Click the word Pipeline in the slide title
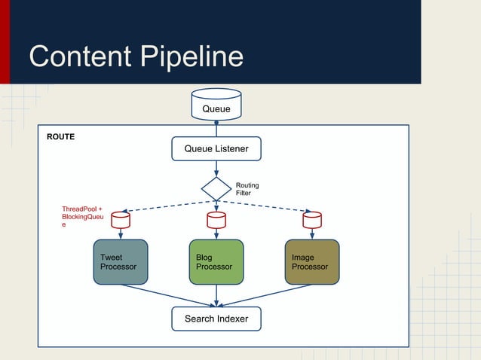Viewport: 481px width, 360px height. pos(195,57)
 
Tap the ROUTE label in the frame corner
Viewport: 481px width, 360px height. pos(60,138)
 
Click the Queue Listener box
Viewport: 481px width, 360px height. pos(216,149)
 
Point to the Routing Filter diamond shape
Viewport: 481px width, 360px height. pos(216,189)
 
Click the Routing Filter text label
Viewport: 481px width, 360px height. pos(247,189)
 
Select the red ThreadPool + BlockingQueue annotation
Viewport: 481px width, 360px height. pos(81,216)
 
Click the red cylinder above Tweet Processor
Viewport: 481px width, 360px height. pos(120,220)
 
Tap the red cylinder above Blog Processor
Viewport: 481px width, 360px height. pos(216,220)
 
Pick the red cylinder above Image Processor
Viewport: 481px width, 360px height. pos(311,220)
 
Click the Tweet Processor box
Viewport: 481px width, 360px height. pos(120,262)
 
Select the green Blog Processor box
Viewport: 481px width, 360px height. pos(216,262)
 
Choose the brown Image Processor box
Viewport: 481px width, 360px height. pos(311,262)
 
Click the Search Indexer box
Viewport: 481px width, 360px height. pos(216,319)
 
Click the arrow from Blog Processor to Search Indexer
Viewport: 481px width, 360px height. pos(216,295)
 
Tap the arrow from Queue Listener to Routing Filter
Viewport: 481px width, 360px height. pos(216,169)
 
